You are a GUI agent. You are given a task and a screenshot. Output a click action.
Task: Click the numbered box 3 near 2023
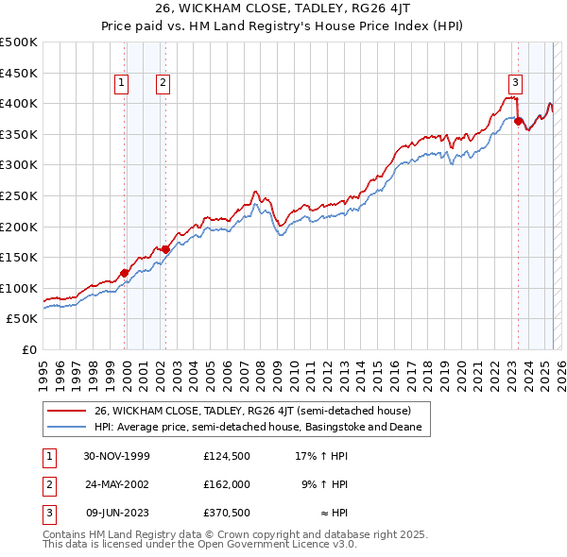(515, 81)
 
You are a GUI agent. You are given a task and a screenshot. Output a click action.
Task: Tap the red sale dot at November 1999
(125, 273)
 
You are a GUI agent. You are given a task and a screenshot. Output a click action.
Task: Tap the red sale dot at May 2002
(165, 249)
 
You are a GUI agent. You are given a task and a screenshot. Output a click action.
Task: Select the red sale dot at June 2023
(518, 121)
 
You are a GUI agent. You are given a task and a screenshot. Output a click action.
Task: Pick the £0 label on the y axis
(28, 349)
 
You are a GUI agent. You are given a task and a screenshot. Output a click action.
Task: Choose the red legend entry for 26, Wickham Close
(252, 411)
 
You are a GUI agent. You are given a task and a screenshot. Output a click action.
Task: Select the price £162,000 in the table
(226, 484)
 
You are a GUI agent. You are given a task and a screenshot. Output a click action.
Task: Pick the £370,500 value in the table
(226, 513)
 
